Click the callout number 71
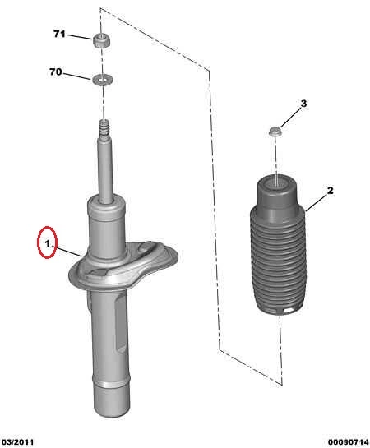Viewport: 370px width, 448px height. point(59,35)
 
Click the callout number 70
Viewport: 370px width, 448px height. point(56,72)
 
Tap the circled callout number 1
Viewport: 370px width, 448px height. point(48,243)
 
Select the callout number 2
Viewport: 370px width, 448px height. point(330,190)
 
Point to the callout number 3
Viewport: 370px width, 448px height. point(303,104)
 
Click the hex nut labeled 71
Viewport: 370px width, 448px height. point(101,40)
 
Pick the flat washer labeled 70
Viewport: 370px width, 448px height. point(102,79)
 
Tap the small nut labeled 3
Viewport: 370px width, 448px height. point(275,132)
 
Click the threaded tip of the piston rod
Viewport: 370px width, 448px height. point(104,127)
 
